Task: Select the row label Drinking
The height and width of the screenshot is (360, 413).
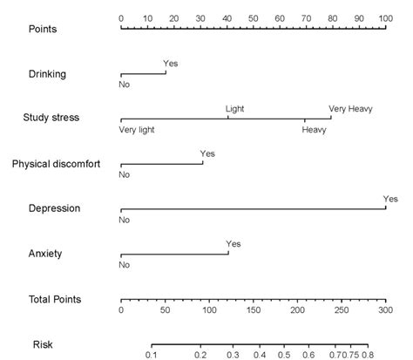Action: [x=45, y=73]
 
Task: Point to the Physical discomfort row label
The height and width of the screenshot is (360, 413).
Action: [x=58, y=163]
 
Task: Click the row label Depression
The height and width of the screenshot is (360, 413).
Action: [x=53, y=208]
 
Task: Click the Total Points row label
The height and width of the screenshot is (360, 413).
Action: [x=55, y=299]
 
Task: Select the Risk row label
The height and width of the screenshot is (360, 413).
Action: [x=43, y=344]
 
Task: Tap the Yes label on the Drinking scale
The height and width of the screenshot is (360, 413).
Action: [x=170, y=63]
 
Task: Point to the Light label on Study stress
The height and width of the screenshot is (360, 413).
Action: [x=235, y=108]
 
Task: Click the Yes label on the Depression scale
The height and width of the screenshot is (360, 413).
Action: [x=390, y=199]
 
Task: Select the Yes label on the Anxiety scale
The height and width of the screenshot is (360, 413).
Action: [x=233, y=244]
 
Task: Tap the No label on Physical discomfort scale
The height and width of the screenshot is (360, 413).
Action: [x=124, y=175]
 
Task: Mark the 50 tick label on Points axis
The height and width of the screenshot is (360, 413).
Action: [x=253, y=17]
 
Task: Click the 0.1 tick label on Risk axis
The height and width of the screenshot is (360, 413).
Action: [x=152, y=355]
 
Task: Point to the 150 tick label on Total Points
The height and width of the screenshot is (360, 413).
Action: [x=253, y=310]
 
